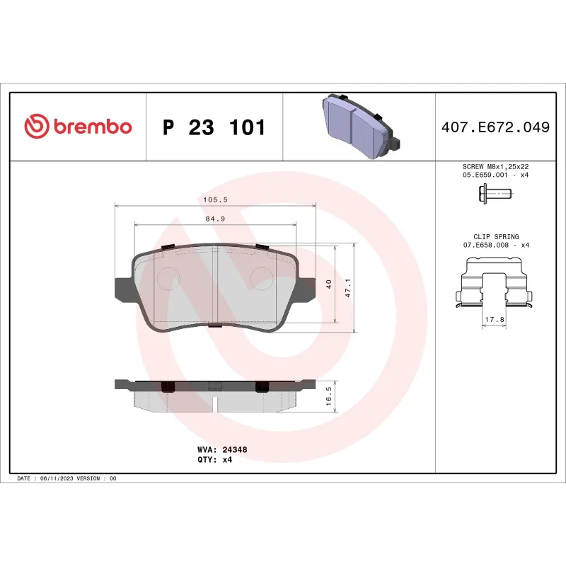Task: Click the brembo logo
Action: point(78,127)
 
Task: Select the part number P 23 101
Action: point(214,128)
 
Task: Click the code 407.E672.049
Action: point(495,128)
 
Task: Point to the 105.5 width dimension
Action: point(215,200)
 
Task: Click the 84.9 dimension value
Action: point(215,219)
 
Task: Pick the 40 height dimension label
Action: point(329,284)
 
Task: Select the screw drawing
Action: point(495,192)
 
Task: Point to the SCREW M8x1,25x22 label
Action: point(495,166)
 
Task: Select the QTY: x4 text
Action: point(214,459)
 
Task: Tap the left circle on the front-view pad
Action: point(168,278)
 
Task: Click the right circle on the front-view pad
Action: point(262,278)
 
